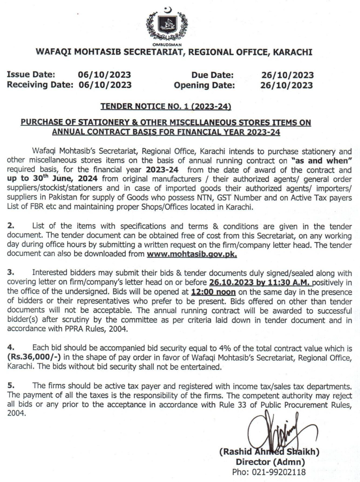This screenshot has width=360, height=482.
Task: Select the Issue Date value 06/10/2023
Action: click(104, 75)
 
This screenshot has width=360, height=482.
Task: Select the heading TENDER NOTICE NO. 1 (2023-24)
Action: click(166, 107)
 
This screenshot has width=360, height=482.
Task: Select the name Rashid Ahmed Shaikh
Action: click(269, 452)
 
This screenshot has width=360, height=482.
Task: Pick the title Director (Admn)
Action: click(270, 462)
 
